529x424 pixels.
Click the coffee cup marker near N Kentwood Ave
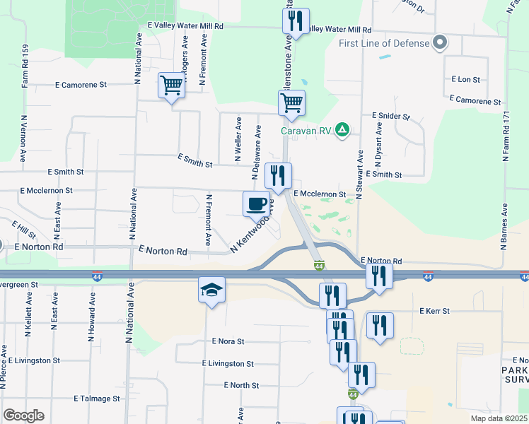point(256,204)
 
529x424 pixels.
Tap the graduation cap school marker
point(211,290)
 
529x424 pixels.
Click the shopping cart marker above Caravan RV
point(291,103)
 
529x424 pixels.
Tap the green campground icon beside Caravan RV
point(342,129)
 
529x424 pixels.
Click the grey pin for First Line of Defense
point(440,43)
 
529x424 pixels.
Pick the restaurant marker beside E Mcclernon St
point(278,175)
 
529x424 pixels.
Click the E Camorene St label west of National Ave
point(81,84)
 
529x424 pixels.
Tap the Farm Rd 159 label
point(25,66)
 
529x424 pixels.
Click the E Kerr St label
point(440,311)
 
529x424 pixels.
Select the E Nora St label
point(228,341)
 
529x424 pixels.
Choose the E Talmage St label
point(97,399)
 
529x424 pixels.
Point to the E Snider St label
point(390,115)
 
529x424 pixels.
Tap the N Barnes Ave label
point(504,227)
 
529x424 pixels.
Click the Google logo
point(23,416)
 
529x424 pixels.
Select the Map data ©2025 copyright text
point(499,418)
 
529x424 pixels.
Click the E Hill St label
point(23,228)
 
